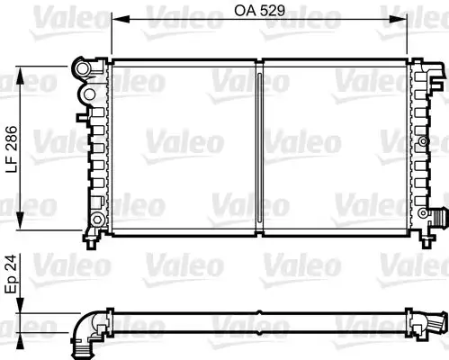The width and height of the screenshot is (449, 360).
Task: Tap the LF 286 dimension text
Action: (12, 148)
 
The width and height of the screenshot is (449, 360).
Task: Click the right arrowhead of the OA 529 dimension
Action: (407, 17)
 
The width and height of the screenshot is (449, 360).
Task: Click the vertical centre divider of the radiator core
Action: (259, 148)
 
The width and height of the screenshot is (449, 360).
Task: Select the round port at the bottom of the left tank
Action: (95, 220)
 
